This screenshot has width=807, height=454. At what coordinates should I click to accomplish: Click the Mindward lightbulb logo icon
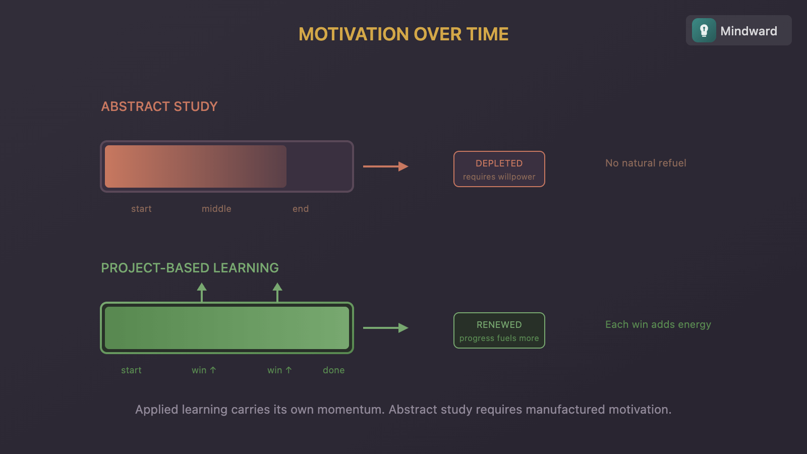[704, 31]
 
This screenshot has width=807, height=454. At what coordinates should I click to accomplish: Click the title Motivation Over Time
[403, 34]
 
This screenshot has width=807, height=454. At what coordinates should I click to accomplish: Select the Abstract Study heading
[159, 106]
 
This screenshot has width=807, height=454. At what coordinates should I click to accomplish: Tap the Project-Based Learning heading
[190, 268]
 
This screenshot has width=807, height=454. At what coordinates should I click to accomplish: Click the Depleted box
[499, 169]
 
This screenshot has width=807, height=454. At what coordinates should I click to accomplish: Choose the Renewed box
[499, 330]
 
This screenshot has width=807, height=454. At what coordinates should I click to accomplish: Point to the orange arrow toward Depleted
[385, 166]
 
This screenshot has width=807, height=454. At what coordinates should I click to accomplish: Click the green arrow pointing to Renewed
[385, 328]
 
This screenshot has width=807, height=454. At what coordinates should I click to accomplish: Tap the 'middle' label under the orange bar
[216, 209]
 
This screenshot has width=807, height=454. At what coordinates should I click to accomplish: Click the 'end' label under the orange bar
[301, 209]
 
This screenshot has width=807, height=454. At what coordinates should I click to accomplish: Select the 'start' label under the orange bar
[141, 209]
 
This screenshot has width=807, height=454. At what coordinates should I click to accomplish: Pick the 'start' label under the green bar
[131, 370]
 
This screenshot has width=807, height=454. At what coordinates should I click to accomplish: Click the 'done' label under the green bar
[334, 370]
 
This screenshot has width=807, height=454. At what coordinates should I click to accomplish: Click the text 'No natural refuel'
[646, 163]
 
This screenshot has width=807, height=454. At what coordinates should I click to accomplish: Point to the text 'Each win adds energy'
[658, 324]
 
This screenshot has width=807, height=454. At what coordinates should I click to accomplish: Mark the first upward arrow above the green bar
[202, 292]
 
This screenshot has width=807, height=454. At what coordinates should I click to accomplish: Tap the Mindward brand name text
[748, 31]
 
